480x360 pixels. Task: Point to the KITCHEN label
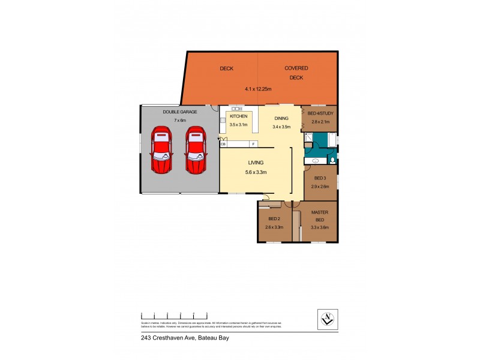pyautogui.click(x=238, y=116)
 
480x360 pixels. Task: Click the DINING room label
pyautogui.click(x=281, y=118)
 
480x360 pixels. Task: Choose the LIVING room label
pyautogui.click(x=256, y=163)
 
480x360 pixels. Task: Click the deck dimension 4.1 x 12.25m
pyautogui.click(x=258, y=89)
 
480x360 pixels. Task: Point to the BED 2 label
pyautogui.click(x=274, y=219)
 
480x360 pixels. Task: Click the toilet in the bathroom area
pyautogui.click(x=332, y=160)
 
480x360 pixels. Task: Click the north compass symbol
pyautogui.click(x=327, y=319)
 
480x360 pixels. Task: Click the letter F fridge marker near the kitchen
pyautogui.click(x=253, y=144)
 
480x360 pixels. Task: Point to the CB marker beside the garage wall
pyautogui.click(x=223, y=144)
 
